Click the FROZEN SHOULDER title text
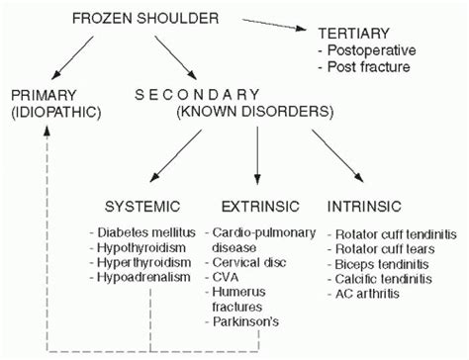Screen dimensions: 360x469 click(x=157, y=17)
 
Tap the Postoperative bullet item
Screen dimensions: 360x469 click(x=368, y=49)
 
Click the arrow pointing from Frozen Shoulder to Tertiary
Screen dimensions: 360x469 click(x=277, y=25)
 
